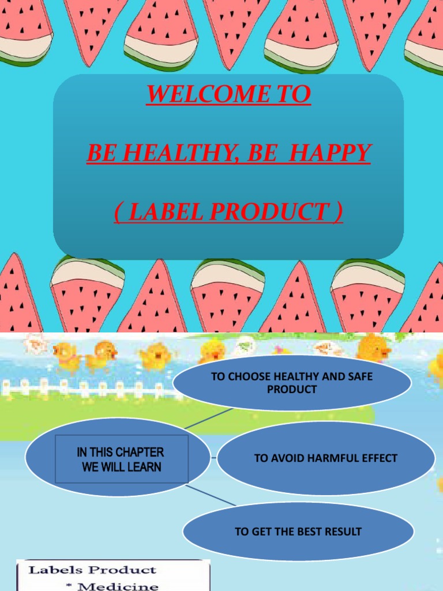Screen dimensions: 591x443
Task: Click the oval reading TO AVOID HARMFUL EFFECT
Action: click(x=326, y=458)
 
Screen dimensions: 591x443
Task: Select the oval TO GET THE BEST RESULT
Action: click(x=298, y=532)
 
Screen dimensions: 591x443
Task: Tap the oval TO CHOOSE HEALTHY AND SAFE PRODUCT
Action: click(x=292, y=383)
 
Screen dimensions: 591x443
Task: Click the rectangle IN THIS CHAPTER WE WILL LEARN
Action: click(x=121, y=459)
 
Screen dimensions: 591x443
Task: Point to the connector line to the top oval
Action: click(x=209, y=418)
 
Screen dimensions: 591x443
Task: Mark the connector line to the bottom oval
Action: click(x=211, y=495)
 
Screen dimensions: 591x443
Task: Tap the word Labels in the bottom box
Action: click(x=52, y=570)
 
